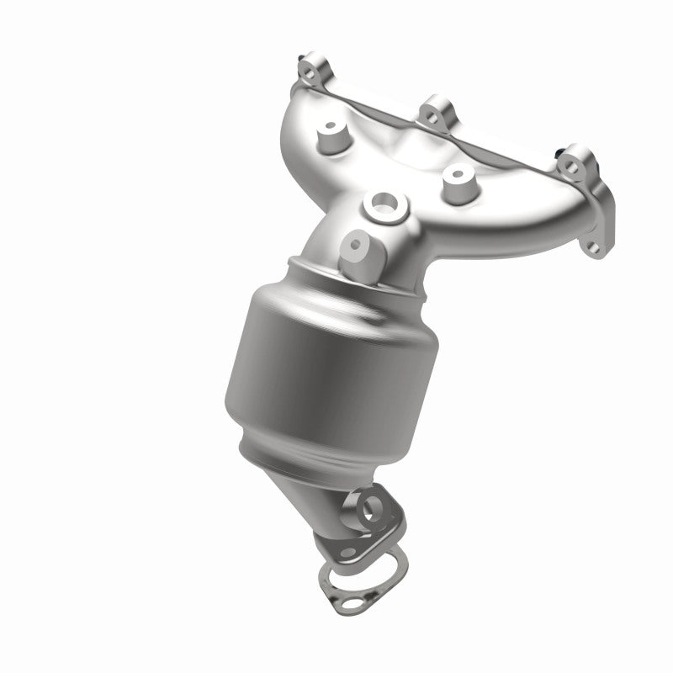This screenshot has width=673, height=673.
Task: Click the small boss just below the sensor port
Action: point(356,244)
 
